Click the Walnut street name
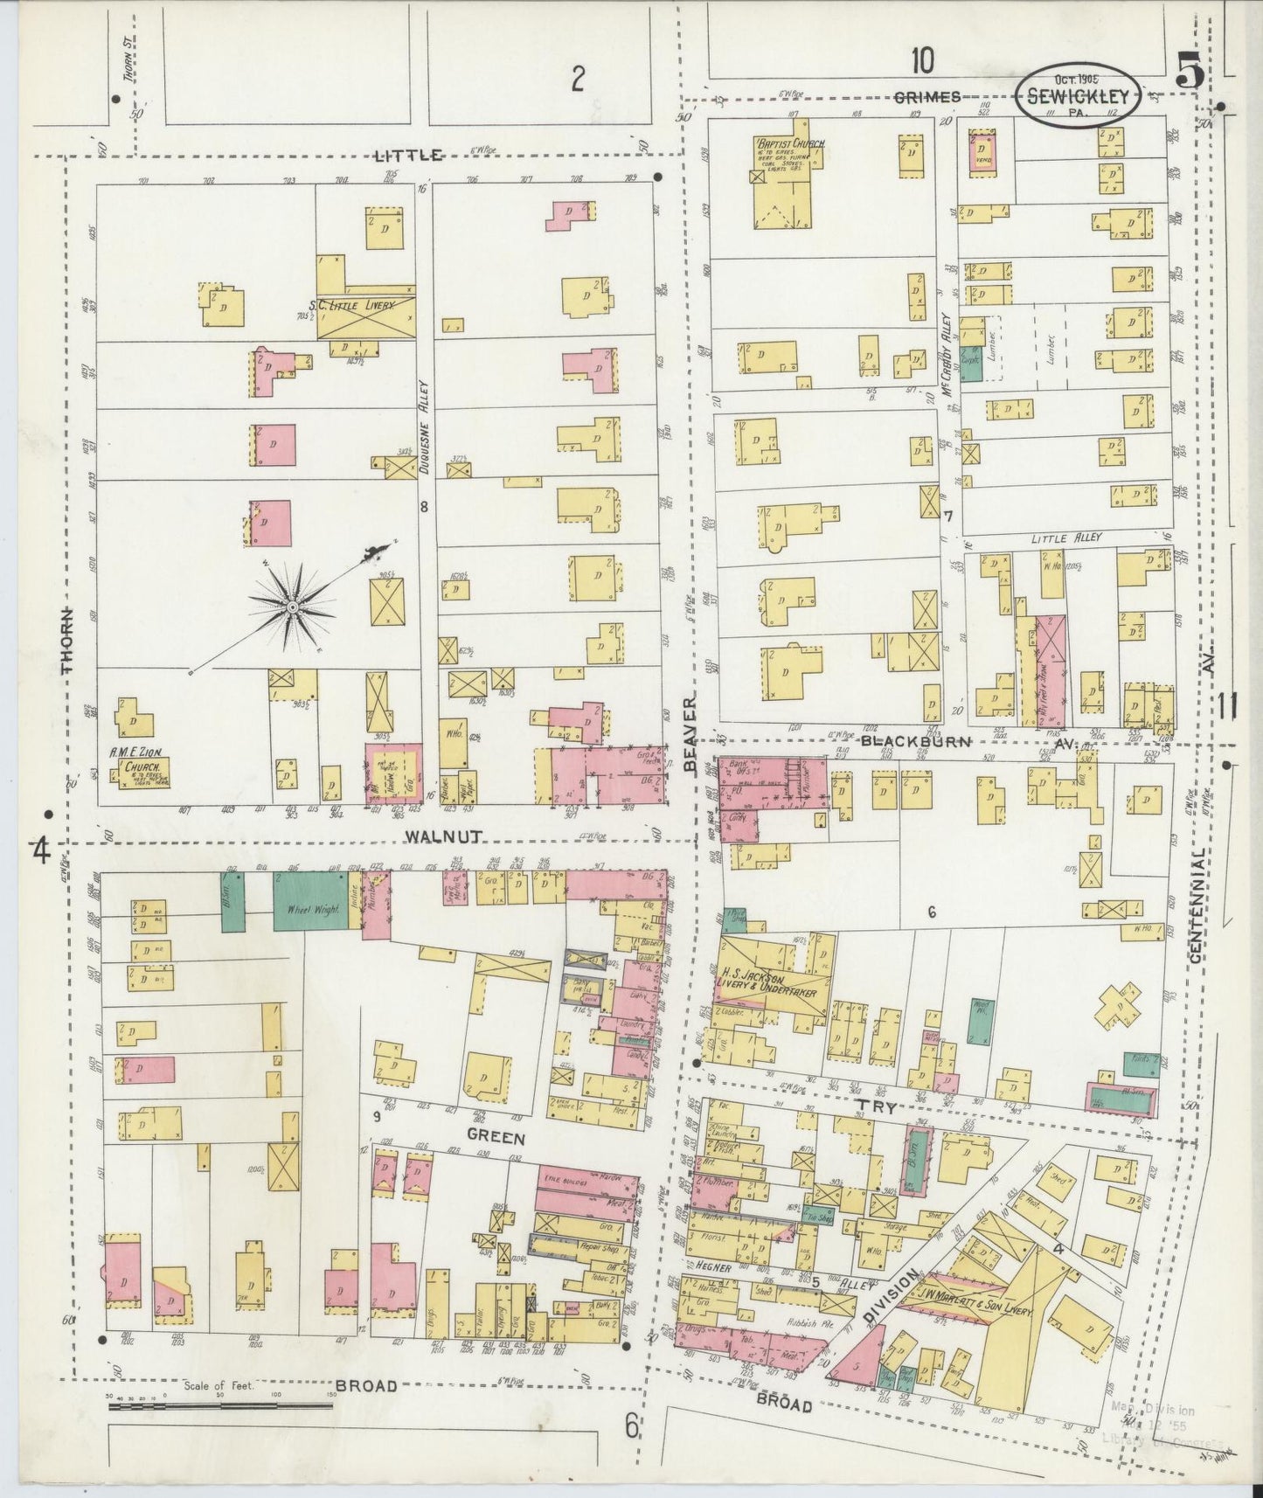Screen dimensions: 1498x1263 click(x=445, y=836)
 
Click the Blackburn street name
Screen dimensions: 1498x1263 click(x=905, y=741)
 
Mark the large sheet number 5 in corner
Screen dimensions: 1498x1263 click(x=1190, y=70)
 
